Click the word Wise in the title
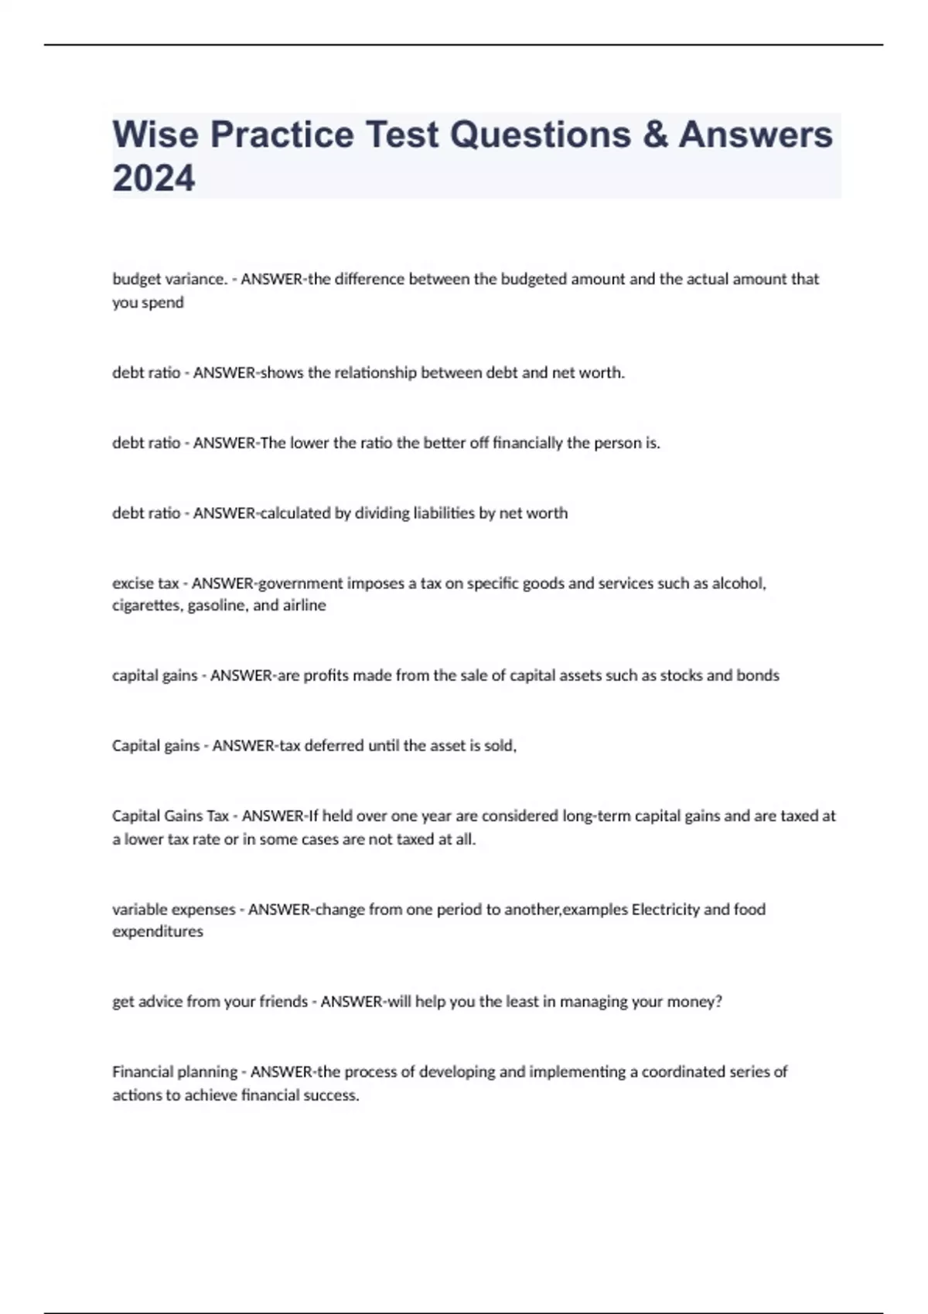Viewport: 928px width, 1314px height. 155,134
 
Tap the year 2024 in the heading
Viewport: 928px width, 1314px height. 154,179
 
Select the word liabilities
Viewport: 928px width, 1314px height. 444,513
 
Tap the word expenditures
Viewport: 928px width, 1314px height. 158,931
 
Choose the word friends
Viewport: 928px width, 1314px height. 283,1002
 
